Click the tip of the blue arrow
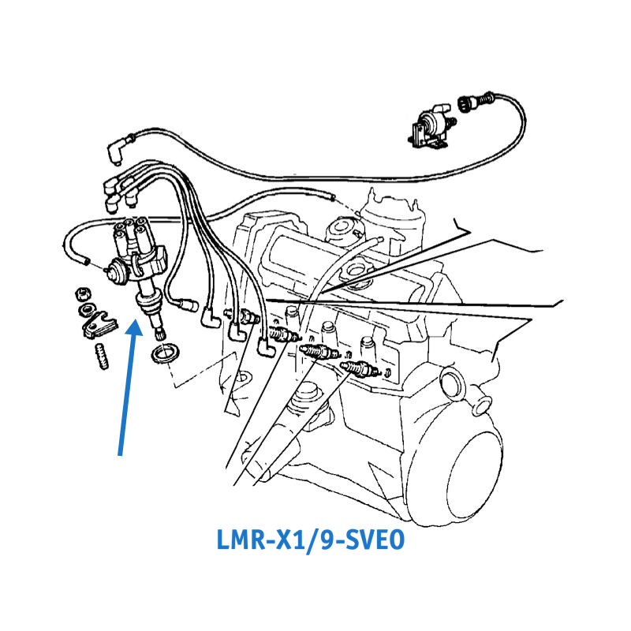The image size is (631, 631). (135, 320)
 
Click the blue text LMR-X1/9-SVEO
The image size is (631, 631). (310, 540)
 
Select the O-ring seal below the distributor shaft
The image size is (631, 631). (165, 353)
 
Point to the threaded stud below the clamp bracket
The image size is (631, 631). (102, 357)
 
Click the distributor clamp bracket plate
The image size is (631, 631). (99, 325)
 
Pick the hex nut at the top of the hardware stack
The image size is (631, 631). (84, 294)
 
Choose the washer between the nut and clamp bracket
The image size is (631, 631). (87, 310)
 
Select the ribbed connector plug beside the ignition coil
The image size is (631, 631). (467, 103)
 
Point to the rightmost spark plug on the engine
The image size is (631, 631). (360, 368)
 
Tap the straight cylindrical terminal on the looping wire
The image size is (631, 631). (189, 304)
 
